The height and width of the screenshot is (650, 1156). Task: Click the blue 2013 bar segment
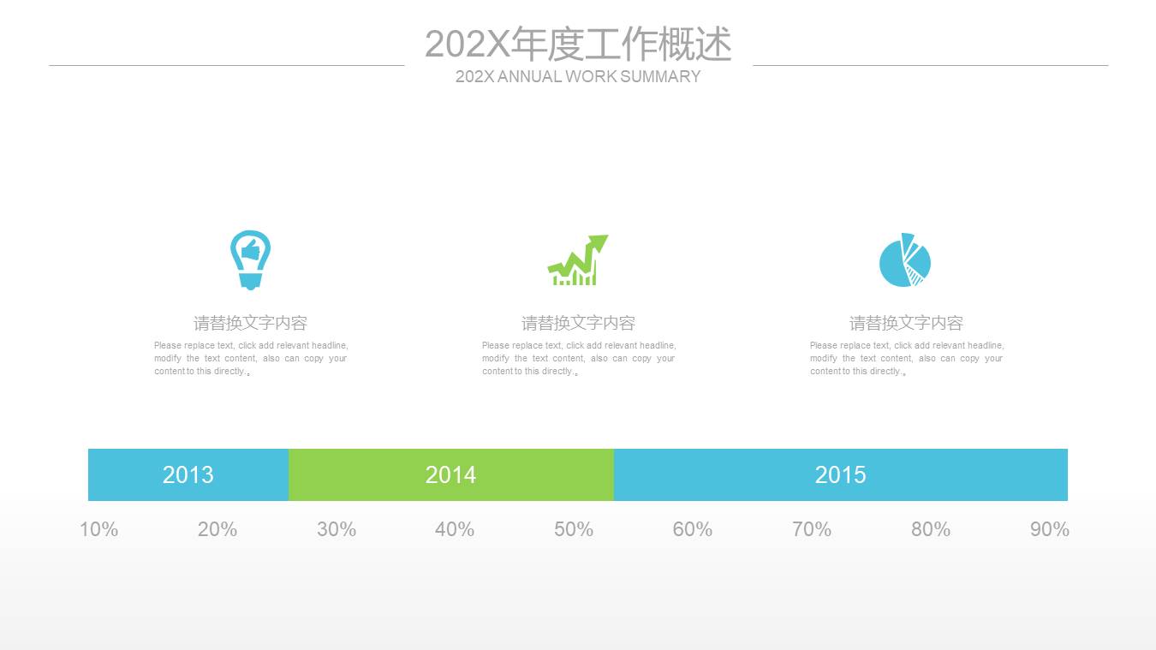188,474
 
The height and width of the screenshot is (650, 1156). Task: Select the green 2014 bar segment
451,474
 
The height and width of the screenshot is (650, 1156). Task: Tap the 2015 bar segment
841,474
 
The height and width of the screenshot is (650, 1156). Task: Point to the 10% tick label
98,529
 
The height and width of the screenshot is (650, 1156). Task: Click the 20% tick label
217,529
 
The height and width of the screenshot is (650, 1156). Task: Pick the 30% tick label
337,529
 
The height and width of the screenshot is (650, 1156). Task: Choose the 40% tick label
455,529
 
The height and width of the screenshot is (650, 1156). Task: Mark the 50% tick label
574,529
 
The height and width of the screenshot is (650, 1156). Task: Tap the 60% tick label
693,529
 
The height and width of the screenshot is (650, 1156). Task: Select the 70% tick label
812,529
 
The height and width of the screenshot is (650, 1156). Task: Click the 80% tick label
931,529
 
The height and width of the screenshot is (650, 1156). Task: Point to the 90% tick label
1050,529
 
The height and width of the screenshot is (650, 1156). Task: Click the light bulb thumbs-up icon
250,260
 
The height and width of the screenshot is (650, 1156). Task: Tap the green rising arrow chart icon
578,259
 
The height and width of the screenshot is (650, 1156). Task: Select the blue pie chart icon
905,259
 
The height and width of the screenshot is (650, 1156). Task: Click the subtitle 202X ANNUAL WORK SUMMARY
578,76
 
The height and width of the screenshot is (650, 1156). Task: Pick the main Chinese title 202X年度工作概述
578,44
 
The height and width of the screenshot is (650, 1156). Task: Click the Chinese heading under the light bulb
250,323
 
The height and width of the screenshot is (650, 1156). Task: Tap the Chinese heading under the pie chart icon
906,323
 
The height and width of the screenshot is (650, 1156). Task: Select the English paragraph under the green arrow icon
579,358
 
